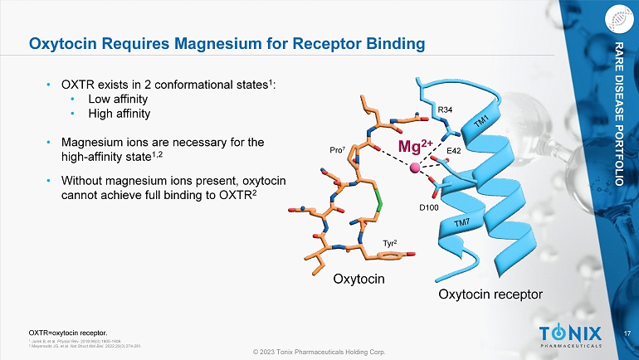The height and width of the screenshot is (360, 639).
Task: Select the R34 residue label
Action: coord(445,109)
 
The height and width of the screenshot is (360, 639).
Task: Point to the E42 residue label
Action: coord(454,150)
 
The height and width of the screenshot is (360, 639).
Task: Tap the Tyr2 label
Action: coord(390,243)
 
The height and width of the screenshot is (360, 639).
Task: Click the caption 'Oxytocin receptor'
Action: coord(490,294)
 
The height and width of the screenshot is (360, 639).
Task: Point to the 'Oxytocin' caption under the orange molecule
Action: coord(359,279)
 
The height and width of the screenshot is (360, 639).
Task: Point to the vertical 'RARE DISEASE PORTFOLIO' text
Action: coord(619,111)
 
